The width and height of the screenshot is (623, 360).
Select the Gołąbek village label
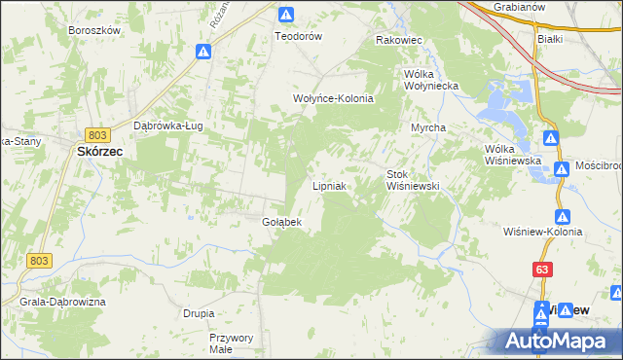tap(282, 222)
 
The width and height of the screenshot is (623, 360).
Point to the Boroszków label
tap(94, 30)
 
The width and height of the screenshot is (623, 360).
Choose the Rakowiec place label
tap(398, 41)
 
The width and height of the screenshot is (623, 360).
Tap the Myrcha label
tap(428, 127)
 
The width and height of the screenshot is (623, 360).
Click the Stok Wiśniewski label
tap(415, 179)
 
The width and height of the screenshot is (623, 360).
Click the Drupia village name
tap(199, 313)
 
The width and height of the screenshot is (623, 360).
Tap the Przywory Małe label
tap(232, 342)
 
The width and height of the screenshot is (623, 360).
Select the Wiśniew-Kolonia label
tap(543, 232)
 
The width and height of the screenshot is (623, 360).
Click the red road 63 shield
tap(542, 268)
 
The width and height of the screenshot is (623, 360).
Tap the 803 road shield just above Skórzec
tap(96, 134)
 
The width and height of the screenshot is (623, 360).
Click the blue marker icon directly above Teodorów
tap(286, 15)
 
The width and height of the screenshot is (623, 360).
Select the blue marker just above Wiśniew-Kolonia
tap(562, 216)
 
